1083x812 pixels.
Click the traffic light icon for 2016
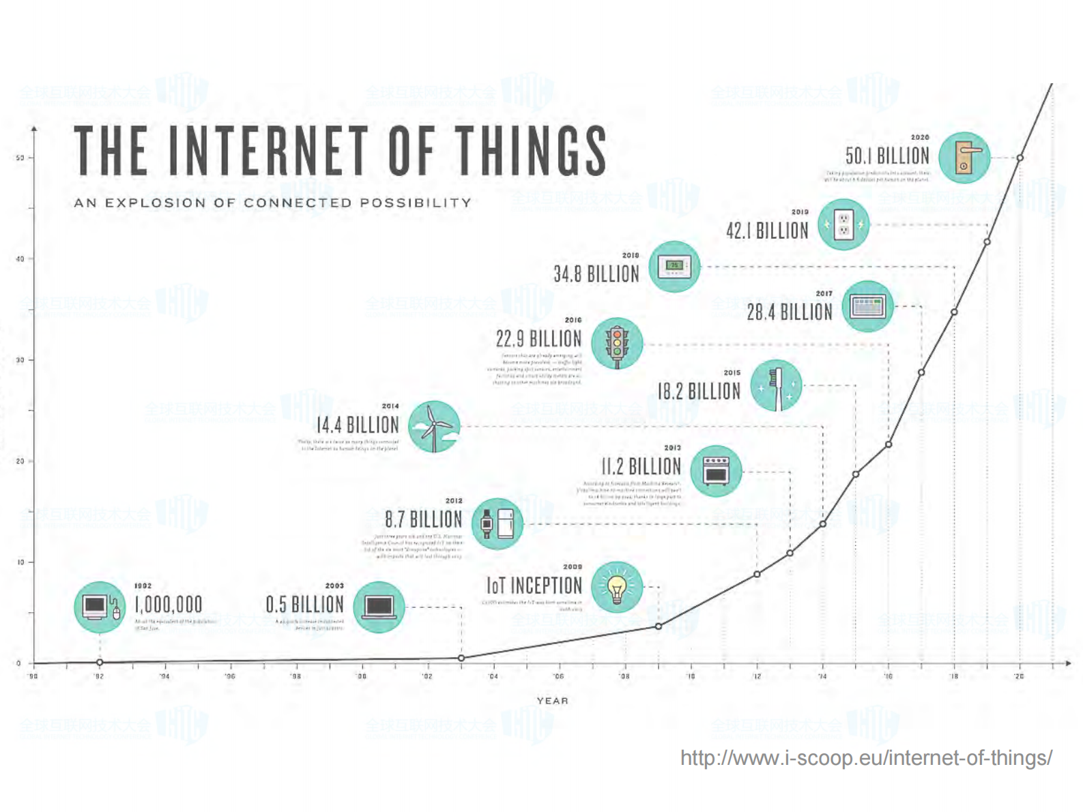[x=617, y=344]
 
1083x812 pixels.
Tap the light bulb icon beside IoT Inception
[x=617, y=587]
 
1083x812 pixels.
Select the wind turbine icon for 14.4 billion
[x=434, y=426]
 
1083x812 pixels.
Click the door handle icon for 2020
[x=964, y=158]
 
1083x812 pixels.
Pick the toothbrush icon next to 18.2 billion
[x=776, y=386]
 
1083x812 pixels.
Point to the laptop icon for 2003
[x=379, y=607]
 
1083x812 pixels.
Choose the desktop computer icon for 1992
[x=100, y=607]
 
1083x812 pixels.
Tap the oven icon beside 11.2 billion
[x=716, y=471]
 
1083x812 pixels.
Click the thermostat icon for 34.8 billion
[x=674, y=266]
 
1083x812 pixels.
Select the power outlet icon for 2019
[x=843, y=224]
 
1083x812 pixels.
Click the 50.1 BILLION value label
[x=887, y=156]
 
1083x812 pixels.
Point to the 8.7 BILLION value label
[x=423, y=520]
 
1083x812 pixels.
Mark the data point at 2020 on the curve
[x=1020, y=158]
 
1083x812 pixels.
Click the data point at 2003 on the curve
[x=461, y=658]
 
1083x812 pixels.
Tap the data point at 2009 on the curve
[x=659, y=626]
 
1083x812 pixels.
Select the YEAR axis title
[x=552, y=701]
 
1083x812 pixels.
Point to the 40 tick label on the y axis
[x=20, y=259]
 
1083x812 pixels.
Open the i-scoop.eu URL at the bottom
[x=866, y=758]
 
